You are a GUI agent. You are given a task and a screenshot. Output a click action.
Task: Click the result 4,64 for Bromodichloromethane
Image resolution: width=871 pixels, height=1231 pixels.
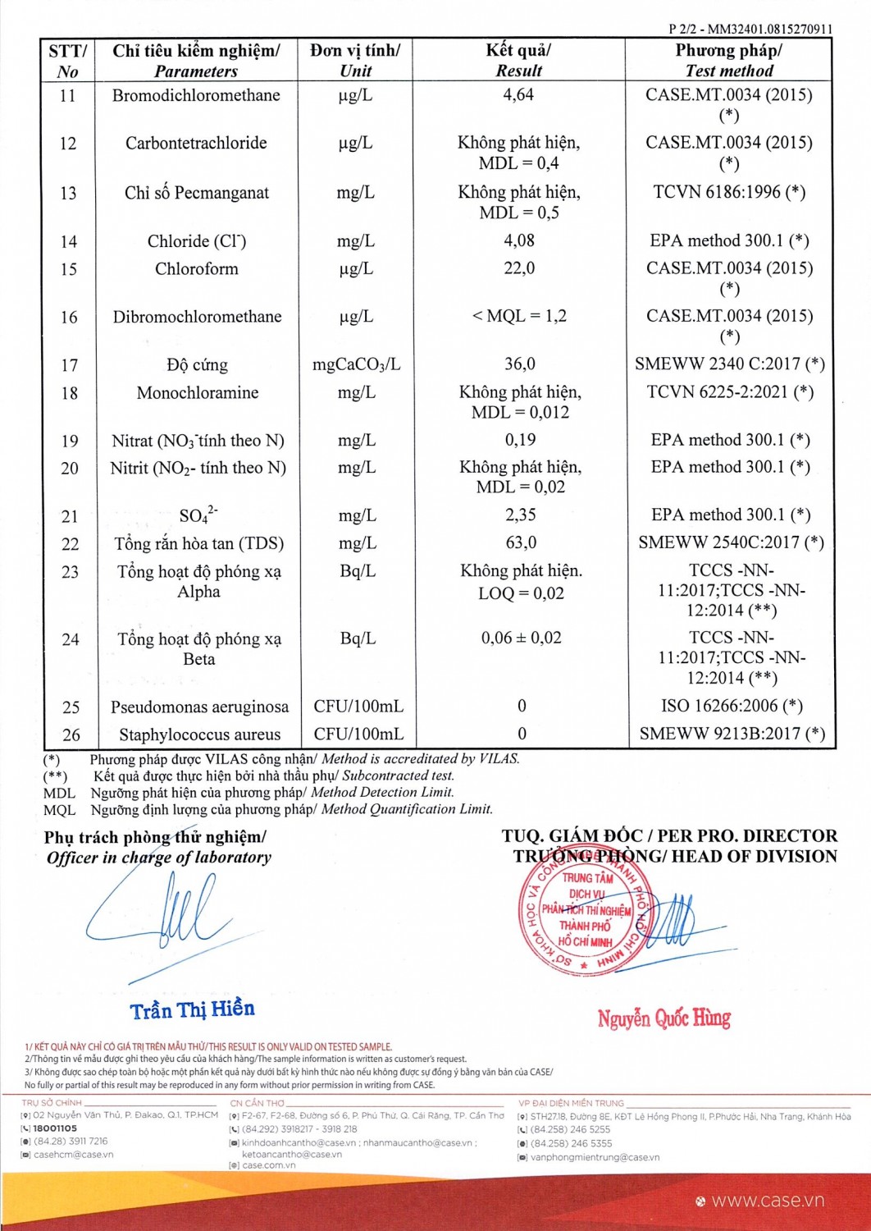point(518,95)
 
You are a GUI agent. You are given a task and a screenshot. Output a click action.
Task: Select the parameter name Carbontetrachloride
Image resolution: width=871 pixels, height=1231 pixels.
point(196,144)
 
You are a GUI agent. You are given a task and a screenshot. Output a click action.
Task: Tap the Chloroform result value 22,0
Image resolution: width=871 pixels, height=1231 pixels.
point(519,268)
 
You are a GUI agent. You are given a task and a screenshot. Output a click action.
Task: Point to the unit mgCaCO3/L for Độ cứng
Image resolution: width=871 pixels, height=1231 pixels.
point(356,364)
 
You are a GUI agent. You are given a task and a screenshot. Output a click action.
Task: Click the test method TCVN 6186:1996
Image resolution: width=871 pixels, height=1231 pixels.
point(729,192)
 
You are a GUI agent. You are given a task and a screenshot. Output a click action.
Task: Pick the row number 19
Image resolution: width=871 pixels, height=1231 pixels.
point(70,442)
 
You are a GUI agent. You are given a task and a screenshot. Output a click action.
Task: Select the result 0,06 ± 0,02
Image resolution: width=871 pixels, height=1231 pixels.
point(521,638)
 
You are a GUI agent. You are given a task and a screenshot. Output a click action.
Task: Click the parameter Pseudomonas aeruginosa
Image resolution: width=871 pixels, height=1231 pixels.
point(199,707)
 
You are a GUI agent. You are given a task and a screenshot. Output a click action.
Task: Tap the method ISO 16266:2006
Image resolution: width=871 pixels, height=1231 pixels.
point(732,706)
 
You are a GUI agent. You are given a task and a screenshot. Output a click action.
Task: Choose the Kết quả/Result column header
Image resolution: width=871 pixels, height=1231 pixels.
point(518,60)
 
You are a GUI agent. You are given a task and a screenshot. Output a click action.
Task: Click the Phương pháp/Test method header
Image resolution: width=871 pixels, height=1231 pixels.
point(728,60)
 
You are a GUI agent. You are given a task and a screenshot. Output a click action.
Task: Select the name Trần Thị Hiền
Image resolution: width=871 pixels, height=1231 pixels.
point(193,1009)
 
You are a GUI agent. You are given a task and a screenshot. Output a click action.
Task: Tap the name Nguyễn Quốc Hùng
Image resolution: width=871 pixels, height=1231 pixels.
point(664,1019)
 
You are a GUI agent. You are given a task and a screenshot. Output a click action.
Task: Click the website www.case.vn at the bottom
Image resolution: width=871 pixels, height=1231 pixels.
point(768,1201)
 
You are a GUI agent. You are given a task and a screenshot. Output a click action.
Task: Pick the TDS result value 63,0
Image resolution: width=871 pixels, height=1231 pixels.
point(520,543)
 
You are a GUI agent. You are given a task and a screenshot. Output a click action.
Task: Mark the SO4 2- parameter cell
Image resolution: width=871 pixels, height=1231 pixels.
point(198,515)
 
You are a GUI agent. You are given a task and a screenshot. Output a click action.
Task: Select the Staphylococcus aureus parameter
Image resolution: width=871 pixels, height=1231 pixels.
point(199,734)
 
